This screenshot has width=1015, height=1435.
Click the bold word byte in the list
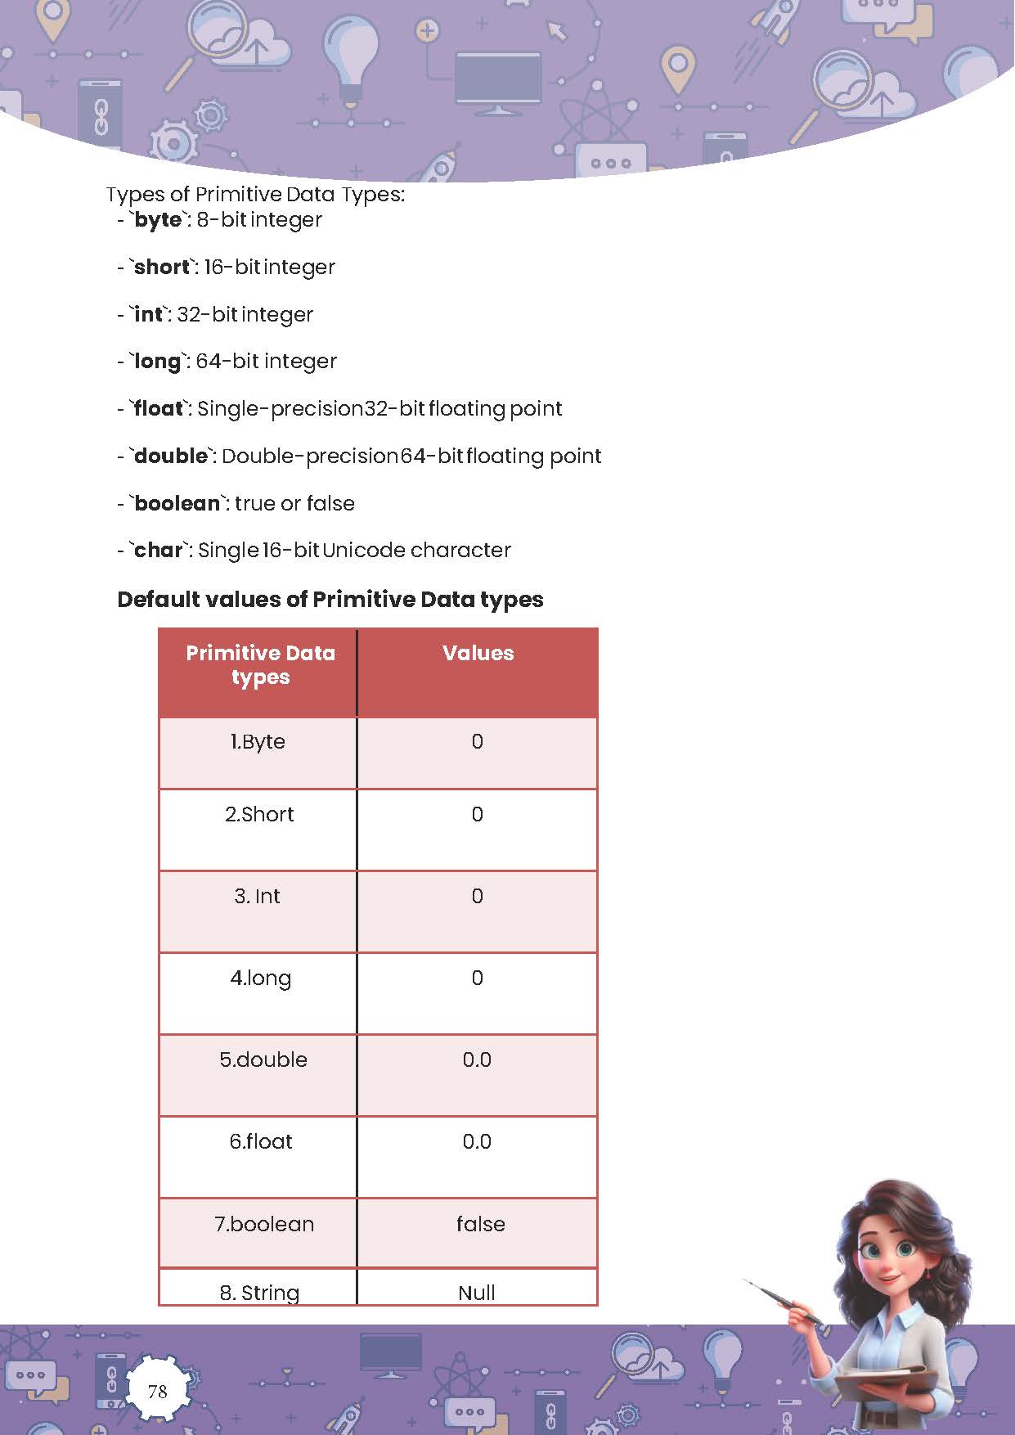tap(158, 220)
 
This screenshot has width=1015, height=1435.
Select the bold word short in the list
tap(162, 268)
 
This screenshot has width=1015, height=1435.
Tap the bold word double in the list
tap(171, 457)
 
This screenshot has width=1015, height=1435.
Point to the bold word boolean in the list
tap(177, 503)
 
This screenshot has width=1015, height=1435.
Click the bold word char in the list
tap(159, 551)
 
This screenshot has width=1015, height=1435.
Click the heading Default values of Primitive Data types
tap(330, 600)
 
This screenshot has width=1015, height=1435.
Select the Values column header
tap(478, 653)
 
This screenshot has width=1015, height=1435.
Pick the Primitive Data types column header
tap(260, 665)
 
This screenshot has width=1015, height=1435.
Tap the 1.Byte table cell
tap(258, 742)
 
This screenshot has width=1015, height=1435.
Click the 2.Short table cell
tap(259, 815)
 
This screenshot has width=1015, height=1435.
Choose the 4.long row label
tap(260, 978)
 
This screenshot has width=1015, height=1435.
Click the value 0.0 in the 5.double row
tap(477, 1060)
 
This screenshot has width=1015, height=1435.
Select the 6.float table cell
tap(260, 1142)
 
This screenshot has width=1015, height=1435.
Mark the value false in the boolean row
tap(480, 1225)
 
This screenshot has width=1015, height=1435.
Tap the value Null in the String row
tap(477, 1293)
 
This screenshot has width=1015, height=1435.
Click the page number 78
tap(158, 1391)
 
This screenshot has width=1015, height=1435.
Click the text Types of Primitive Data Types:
tap(255, 195)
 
